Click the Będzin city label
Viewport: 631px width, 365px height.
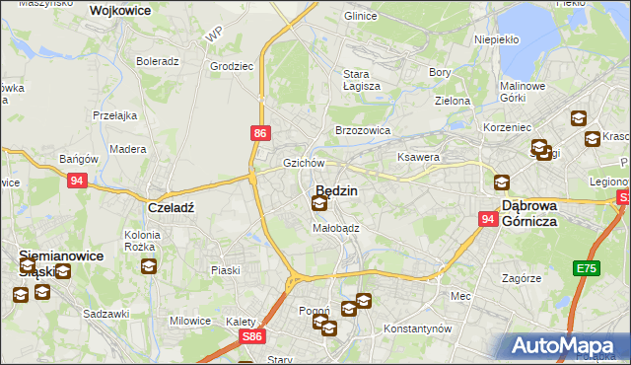pos(337,188)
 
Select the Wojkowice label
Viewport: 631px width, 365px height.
pos(119,10)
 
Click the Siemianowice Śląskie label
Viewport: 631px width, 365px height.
pos(61,263)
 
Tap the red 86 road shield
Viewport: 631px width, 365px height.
pos(258,131)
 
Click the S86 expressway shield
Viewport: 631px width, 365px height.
pos(251,336)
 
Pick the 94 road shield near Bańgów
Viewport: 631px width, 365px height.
pos(78,181)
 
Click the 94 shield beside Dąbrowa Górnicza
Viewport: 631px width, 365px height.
pos(488,219)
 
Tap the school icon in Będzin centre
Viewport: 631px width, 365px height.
pos(319,204)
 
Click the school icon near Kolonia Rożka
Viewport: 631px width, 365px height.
pos(148,266)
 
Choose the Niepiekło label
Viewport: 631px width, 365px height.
pos(468,40)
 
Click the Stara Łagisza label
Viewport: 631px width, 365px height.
pos(355,80)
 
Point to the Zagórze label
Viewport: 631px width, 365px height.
pos(521,278)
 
